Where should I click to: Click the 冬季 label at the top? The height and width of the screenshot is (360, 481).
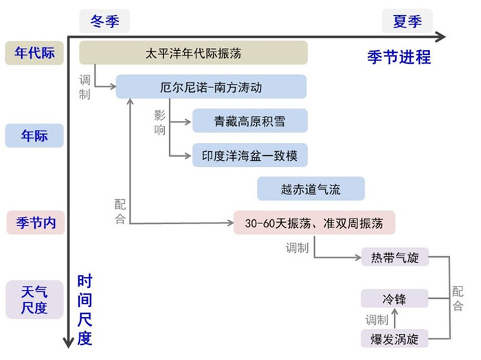[104, 21]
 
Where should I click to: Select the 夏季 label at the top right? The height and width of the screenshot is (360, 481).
[407, 21]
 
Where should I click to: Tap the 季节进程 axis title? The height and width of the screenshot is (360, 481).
[399, 57]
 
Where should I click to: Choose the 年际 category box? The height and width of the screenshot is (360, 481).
[34, 135]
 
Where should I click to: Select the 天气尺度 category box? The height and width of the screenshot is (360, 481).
[34, 299]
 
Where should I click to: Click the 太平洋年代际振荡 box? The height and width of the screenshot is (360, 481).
[193, 53]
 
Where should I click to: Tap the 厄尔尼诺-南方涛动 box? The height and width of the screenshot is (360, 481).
[211, 87]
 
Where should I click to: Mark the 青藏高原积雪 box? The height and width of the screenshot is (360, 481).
[249, 122]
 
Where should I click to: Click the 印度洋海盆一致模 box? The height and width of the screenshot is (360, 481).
[249, 155]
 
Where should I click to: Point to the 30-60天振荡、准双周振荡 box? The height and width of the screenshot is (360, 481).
[314, 223]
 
